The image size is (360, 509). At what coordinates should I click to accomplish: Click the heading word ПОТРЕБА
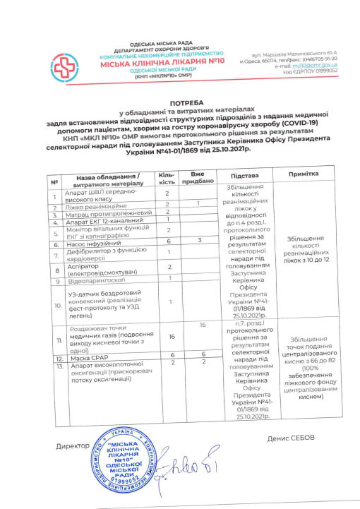(x=179, y=102)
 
